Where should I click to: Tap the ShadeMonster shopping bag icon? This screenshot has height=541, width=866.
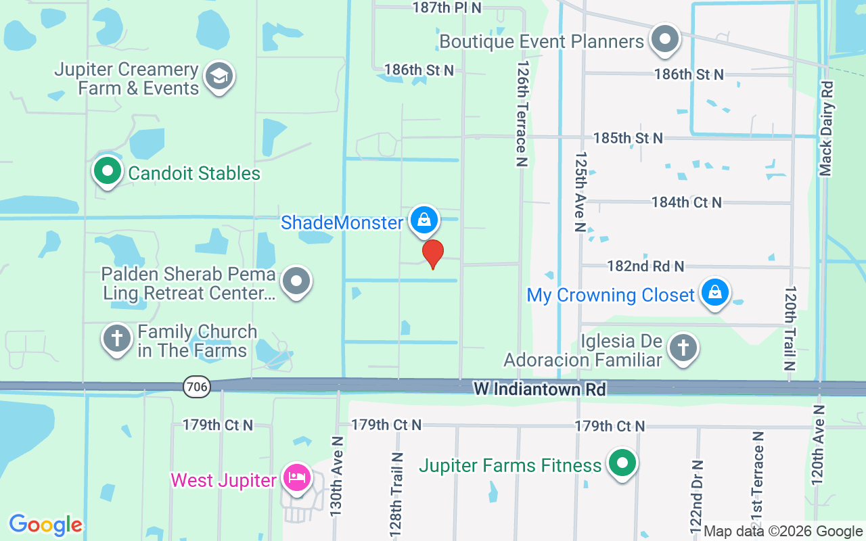tap(424, 220)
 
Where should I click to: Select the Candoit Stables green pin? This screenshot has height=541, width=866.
tap(106, 171)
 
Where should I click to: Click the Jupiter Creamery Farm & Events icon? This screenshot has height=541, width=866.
tap(219, 76)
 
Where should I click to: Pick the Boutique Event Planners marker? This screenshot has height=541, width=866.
tap(665, 39)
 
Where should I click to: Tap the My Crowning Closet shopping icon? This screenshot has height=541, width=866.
tap(714, 293)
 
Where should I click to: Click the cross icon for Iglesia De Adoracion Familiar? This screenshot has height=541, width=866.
tap(683, 348)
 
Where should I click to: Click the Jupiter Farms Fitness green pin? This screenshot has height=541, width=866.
tap(622, 464)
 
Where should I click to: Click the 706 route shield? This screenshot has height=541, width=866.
tap(196, 387)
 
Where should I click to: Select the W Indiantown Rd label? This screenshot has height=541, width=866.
tap(540, 390)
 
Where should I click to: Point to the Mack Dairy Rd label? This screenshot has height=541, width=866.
tap(826, 128)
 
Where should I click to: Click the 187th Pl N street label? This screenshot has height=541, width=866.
tap(447, 7)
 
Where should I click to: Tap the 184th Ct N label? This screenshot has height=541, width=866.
tap(686, 202)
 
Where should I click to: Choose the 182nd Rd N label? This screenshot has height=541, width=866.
tap(645, 266)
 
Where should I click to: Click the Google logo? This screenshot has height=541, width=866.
tap(45, 524)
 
